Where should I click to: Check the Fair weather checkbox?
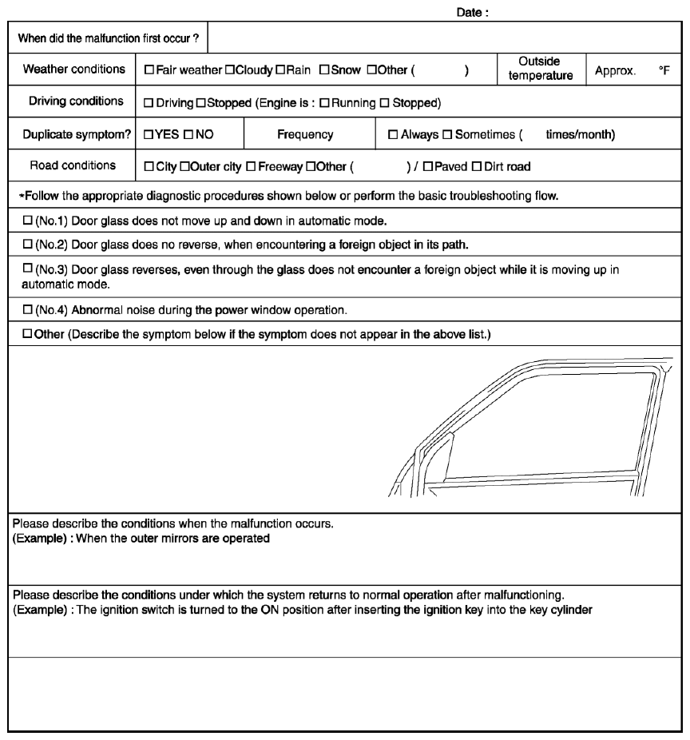149,70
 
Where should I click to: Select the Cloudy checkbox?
229,70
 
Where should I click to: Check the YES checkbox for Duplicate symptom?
149,135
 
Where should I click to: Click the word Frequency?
305,135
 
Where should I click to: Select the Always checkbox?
392,135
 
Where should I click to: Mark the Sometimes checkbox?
449,135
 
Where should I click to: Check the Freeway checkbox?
251,166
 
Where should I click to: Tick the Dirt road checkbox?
477,166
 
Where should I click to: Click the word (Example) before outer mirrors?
38,538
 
